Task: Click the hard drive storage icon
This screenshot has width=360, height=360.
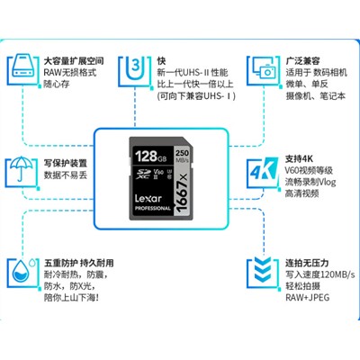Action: tap(24, 69)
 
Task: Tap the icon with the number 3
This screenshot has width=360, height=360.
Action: tap(135, 69)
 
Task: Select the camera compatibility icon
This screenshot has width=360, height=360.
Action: tap(264, 70)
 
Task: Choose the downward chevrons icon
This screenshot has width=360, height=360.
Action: tap(263, 272)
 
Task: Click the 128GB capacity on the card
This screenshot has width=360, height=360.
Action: tap(150, 157)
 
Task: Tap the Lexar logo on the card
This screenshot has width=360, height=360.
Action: tap(148, 198)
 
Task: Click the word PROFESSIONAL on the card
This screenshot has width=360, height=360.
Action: tap(152, 209)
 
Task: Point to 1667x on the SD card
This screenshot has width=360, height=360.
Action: tap(183, 193)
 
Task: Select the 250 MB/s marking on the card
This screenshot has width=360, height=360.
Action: tap(182, 156)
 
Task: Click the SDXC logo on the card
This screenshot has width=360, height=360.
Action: tap(142, 174)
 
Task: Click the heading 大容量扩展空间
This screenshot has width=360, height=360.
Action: tap(74, 61)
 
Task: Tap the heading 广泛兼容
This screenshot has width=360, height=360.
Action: tap(302, 61)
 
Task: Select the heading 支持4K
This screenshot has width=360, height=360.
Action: tap(299, 159)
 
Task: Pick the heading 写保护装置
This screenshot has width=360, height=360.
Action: tap(66, 164)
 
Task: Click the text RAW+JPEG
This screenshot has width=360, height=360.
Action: tap(308, 298)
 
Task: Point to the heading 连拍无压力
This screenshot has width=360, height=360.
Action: tap(307, 263)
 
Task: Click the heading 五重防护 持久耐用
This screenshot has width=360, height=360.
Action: tap(79, 263)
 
